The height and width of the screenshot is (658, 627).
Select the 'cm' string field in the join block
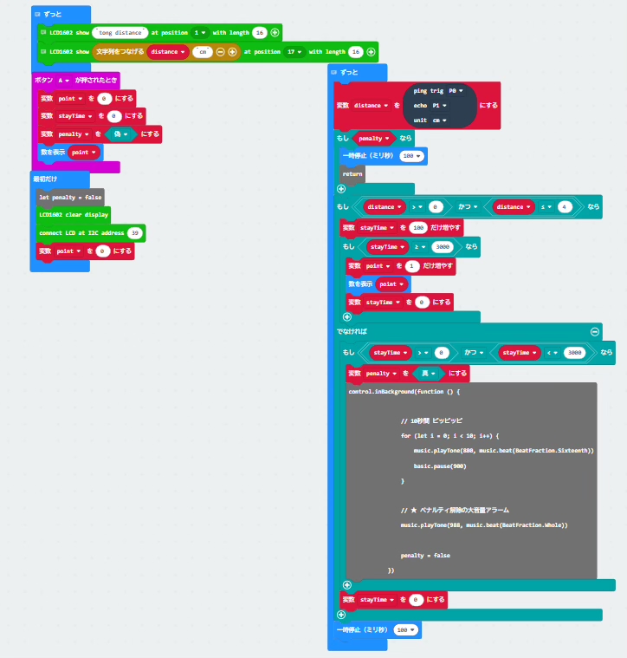coord(203,52)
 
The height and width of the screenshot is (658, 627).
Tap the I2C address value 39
coord(134,233)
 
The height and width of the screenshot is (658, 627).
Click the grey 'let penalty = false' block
coord(68,198)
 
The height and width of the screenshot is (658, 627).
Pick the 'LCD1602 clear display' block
coord(73,215)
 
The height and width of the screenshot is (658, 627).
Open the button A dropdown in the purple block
coord(64,81)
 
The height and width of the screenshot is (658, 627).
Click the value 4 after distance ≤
coord(564,207)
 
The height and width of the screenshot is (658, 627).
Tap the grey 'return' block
coord(352,173)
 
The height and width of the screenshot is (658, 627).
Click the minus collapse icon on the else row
coord(595,331)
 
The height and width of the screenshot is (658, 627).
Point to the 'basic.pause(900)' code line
coord(441,466)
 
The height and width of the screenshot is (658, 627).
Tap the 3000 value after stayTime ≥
coord(442,247)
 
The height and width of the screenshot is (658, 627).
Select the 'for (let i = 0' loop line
coord(450,435)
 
